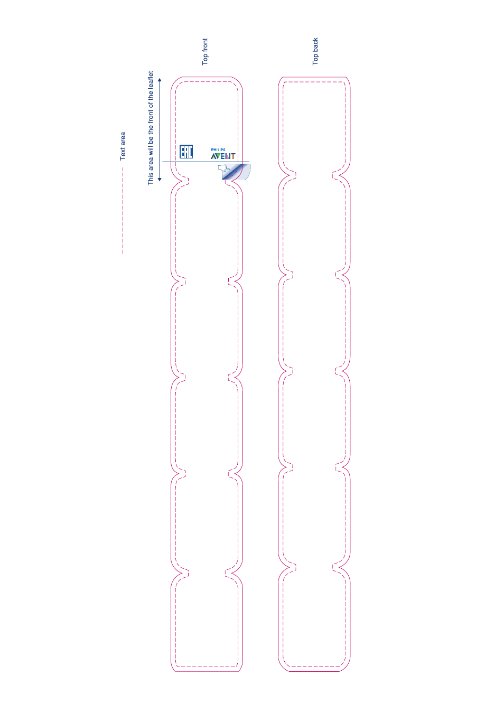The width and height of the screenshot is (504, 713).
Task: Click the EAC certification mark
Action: point(186,152)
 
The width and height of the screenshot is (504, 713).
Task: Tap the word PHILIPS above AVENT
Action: point(218,149)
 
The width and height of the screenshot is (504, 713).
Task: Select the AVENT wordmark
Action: point(223,156)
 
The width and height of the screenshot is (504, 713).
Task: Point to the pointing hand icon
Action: point(224,168)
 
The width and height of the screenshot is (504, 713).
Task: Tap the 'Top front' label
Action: point(205,52)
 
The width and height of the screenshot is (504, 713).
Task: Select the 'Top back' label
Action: point(315,51)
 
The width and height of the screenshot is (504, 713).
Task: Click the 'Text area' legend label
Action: point(123,146)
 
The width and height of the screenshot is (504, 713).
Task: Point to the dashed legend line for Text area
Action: point(123,211)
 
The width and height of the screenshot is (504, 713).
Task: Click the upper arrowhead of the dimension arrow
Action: point(160,80)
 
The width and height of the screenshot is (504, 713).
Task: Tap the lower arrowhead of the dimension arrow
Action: point(160,180)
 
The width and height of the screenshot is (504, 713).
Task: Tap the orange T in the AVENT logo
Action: point(233,156)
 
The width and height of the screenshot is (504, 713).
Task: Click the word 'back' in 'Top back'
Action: point(315,44)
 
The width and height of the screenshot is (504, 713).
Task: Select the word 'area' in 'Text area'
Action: point(123,139)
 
